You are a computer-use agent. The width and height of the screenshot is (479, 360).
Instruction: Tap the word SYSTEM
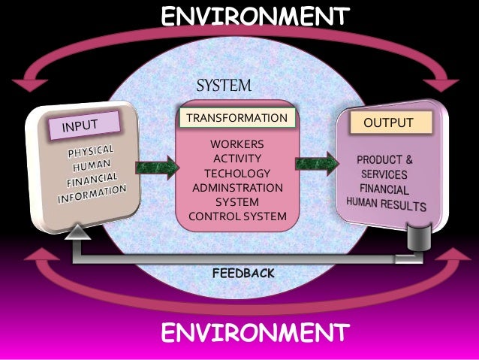224,84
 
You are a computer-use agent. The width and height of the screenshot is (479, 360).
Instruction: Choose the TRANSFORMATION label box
236,118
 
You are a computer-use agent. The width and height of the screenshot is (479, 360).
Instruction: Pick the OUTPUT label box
393,123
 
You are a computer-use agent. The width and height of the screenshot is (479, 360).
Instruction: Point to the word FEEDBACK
244,273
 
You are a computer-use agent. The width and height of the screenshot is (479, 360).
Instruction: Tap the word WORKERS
237,144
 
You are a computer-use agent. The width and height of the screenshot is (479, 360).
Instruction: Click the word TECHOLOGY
237,173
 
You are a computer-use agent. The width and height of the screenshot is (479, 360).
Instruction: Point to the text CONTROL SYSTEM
237,217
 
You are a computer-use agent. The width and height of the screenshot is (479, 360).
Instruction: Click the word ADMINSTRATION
237,188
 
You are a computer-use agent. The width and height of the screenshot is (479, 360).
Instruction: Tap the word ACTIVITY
237,159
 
